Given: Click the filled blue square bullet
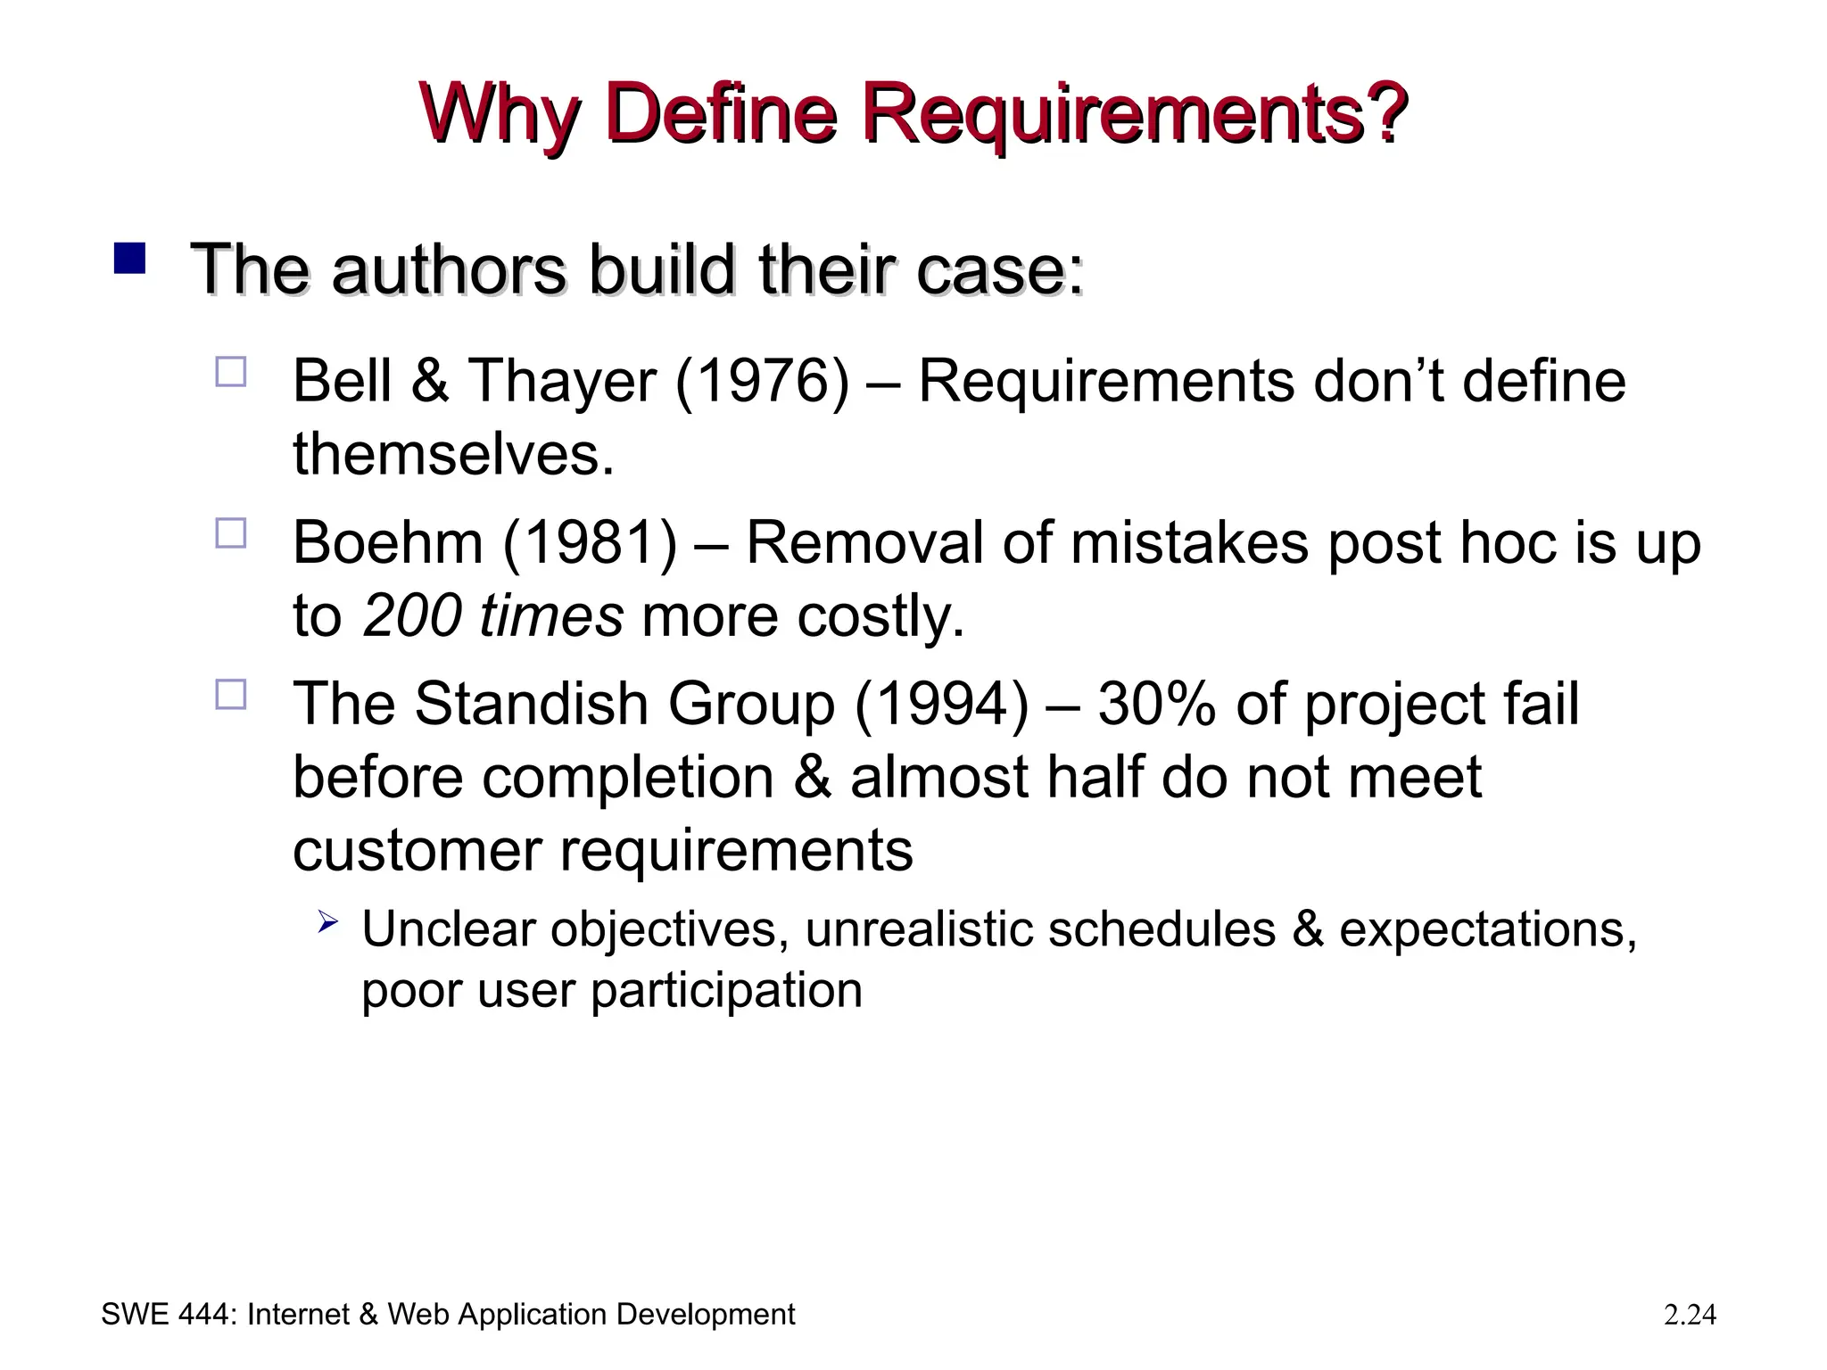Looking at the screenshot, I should tap(129, 259).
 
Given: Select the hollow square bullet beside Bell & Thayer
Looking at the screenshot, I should tap(230, 371).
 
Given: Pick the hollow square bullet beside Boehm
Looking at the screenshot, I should tap(230, 533).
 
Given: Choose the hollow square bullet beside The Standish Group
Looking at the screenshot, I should tap(230, 694).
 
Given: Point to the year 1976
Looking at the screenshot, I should tap(763, 382).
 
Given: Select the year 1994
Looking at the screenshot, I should tap(942, 704).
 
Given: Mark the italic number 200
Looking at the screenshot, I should tap(411, 615).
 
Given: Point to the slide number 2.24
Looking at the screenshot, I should tap(1690, 1315).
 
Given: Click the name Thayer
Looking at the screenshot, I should tap(562, 382).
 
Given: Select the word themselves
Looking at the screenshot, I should tap(453, 454).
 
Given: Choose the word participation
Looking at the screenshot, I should tap(726, 990).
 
